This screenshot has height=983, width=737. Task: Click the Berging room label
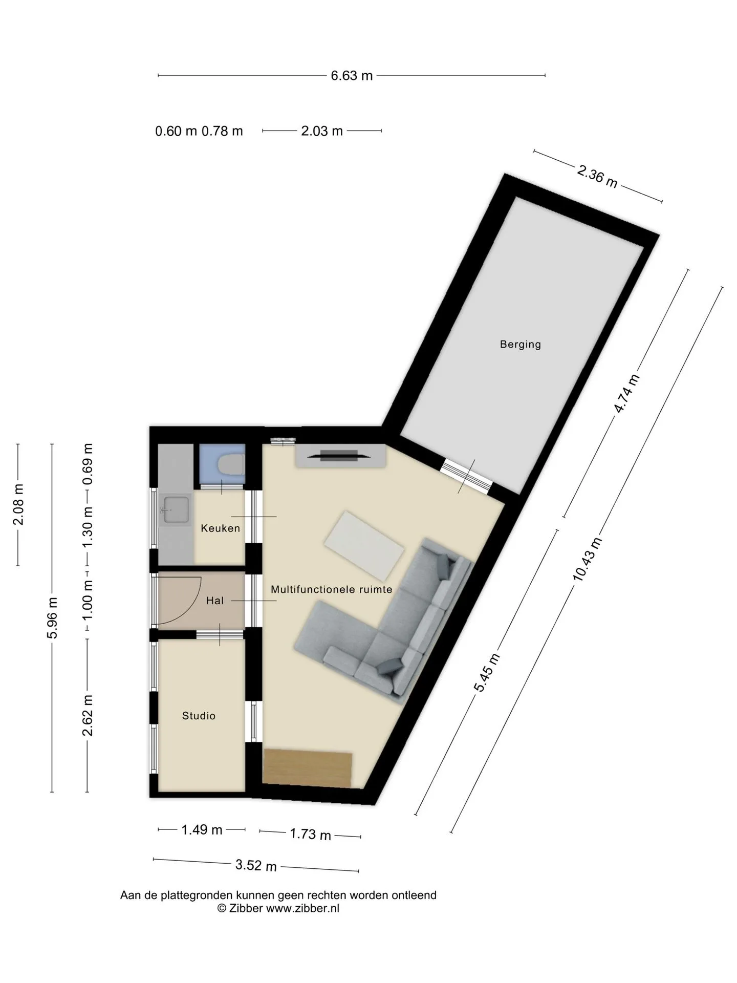520,344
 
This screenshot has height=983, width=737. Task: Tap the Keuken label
220,528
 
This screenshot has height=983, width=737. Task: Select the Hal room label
215,601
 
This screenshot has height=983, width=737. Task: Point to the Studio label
199,716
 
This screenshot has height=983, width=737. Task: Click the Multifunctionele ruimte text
331,589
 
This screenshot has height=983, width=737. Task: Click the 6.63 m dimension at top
352,76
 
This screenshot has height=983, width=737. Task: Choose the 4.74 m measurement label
627,393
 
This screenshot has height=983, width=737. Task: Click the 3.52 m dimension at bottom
256,865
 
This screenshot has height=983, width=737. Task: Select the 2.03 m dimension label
322,131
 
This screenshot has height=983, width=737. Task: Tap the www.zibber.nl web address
302,909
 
